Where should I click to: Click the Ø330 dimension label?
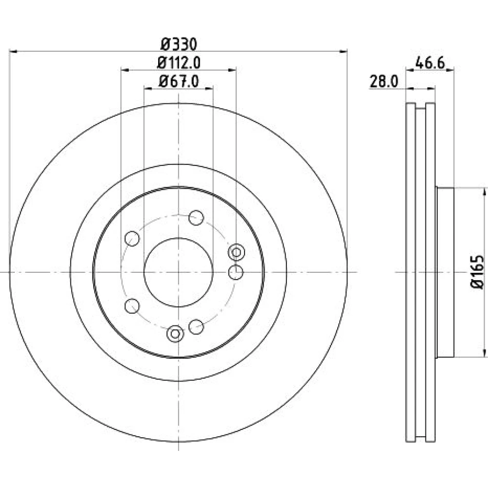[179, 44]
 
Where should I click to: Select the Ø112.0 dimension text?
[179, 63]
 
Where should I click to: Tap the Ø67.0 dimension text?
[179, 81]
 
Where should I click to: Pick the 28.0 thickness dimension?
[384, 82]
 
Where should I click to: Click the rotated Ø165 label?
[478, 272]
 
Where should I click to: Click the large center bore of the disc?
[178, 272]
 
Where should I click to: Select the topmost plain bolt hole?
[196, 218]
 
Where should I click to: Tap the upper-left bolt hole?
[132, 239]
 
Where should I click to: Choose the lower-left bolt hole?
[132, 306]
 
